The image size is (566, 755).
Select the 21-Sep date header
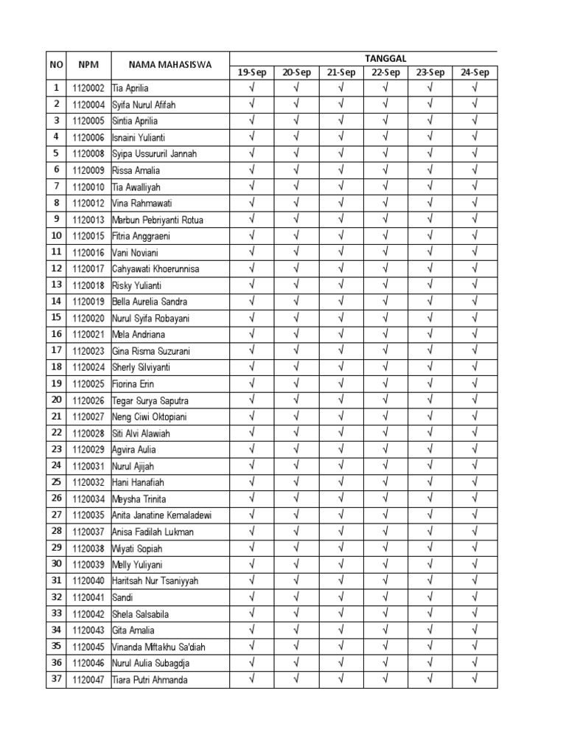341,72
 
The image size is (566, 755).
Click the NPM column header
88,65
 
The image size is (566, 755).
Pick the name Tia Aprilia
130,88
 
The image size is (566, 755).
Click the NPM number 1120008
88,154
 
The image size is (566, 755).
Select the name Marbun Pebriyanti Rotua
158,220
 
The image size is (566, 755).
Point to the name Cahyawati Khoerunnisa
156,269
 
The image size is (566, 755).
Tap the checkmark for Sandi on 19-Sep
251,597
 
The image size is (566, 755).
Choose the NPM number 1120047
88,680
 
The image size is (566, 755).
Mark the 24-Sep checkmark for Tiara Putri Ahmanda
475,679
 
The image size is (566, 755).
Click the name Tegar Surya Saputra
150,400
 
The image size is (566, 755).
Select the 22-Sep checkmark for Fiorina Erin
385,383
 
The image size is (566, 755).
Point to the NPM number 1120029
88,450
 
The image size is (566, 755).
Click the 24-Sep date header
475,72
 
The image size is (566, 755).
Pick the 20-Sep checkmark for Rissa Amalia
296,170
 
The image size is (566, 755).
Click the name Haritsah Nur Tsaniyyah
156,581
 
